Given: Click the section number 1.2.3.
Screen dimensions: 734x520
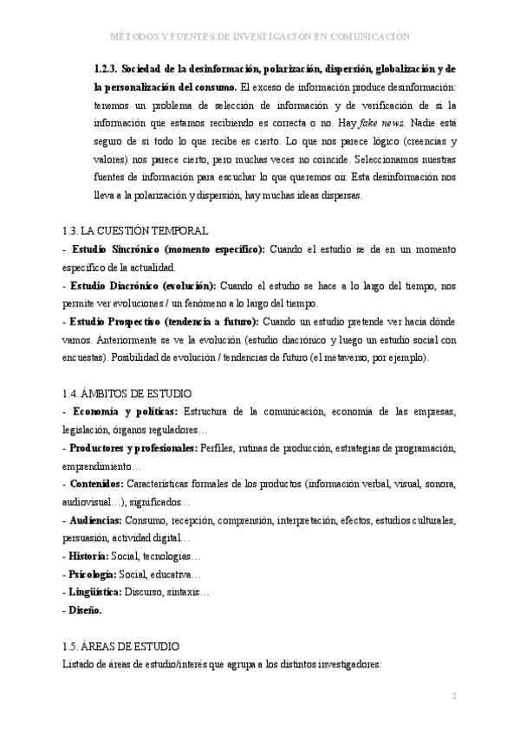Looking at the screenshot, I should point(106,68).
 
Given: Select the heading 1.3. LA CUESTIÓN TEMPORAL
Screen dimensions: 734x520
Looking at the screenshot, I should point(135,231).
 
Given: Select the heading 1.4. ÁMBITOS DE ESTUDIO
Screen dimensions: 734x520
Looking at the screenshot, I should point(128,393).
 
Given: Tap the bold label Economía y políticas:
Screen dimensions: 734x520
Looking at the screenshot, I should point(126,412).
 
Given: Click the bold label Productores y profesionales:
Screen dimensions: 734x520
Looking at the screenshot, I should point(133,448).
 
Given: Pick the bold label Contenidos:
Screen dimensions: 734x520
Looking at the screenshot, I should point(96,485).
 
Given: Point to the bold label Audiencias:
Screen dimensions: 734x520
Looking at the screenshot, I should point(95,520).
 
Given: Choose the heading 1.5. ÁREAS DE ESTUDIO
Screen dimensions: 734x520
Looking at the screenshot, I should point(121,646).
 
